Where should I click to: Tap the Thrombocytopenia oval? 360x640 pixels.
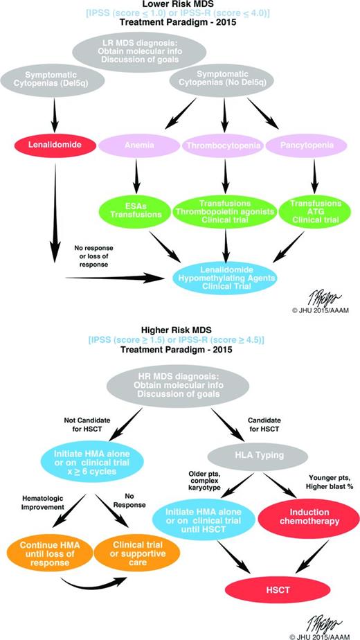pos(226,145)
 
